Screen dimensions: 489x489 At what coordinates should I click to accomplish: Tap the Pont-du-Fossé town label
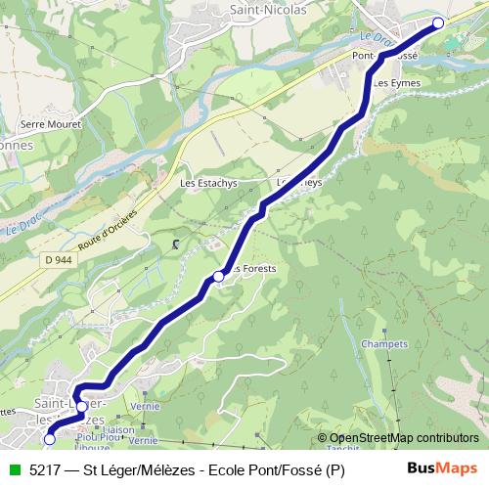pos(385,57)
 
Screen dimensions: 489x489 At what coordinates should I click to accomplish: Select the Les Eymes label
pos(396,83)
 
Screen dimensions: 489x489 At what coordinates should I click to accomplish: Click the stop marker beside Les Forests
pos(219,278)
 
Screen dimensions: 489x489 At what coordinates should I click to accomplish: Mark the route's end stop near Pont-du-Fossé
pos(438,22)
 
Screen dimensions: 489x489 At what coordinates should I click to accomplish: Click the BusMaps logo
pos(435,469)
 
